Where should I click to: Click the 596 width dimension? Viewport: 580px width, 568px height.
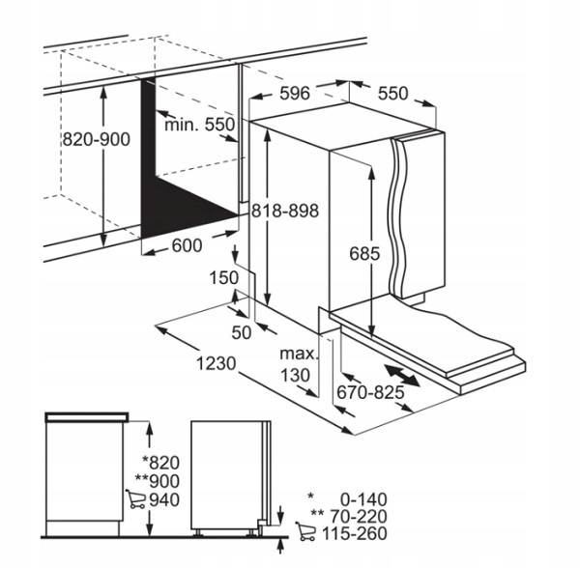[295, 93]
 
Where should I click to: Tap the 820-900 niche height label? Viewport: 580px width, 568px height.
[96, 140]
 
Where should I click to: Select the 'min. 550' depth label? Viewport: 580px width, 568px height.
[200, 125]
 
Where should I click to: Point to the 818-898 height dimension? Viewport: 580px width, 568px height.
[285, 211]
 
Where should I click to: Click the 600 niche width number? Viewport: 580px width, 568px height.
[188, 245]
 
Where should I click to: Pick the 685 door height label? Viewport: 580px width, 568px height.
[364, 254]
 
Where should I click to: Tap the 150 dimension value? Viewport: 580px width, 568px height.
[224, 278]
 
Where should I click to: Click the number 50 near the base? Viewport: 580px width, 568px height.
[241, 332]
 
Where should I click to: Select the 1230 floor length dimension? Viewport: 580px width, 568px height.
[216, 363]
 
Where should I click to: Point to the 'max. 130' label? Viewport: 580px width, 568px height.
[299, 365]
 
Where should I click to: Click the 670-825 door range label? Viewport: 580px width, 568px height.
[370, 392]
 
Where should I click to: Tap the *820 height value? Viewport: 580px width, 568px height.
[161, 463]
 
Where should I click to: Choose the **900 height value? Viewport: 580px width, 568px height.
[158, 481]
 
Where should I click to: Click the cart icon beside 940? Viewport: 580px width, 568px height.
[135, 498]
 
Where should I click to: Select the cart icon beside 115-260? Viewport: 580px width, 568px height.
[305, 531]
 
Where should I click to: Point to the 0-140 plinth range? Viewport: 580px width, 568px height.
[363, 499]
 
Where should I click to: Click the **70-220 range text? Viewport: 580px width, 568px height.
[349, 516]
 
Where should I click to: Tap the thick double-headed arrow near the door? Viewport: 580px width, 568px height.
[402, 376]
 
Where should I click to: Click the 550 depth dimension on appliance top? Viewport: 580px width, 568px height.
[392, 93]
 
